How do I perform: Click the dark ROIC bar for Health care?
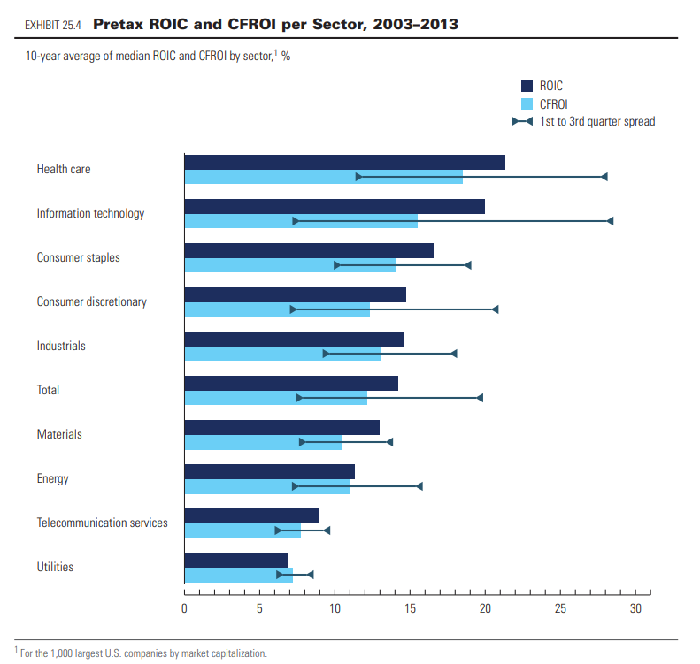coord(344,162)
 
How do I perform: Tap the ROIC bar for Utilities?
coord(236,560)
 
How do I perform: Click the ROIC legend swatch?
coord(524,86)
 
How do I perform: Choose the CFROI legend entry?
coord(553,103)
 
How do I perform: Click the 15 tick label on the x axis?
coord(411,608)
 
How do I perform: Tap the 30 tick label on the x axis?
coord(635,608)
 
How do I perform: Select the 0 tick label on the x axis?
coord(184,608)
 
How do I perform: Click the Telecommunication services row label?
coord(102,523)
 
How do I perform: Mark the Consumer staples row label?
coord(78,257)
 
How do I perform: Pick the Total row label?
coord(48,390)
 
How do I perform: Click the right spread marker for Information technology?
coord(610,221)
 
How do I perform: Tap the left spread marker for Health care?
coord(358,177)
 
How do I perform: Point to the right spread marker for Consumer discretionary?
coord(495,309)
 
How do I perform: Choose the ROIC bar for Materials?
coord(281,427)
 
